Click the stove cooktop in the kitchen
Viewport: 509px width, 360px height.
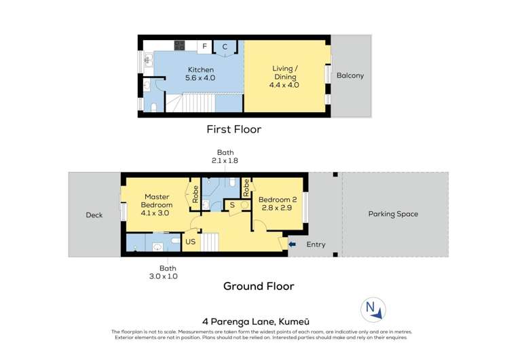click(x=180, y=46)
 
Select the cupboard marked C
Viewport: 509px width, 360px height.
click(x=224, y=46)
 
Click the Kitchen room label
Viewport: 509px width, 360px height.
click(x=201, y=74)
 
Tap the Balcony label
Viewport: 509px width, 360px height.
click(x=350, y=75)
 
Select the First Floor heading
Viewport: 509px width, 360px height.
click(x=233, y=129)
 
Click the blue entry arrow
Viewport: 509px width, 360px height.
click(x=293, y=244)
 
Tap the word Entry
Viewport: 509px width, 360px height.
click(x=316, y=245)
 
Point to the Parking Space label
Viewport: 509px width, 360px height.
click(x=393, y=214)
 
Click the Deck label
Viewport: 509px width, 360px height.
click(x=94, y=215)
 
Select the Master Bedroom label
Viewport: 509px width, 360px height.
click(x=157, y=204)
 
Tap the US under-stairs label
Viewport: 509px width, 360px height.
click(x=191, y=240)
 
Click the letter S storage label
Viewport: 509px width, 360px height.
click(x=232, y=204)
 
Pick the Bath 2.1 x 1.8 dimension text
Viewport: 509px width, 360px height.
click(x=225, y=157)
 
